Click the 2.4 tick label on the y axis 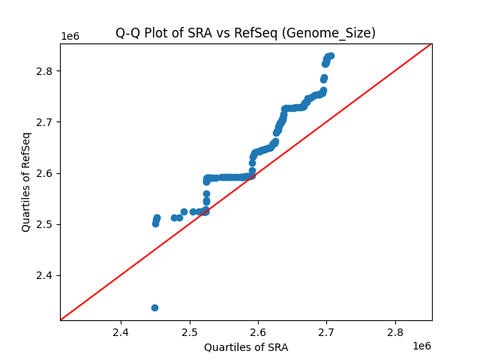point(46,275)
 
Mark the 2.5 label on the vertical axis point(46,224)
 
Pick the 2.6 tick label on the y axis point(46,173)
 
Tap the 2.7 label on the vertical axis point(46,122)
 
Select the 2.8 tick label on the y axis point(46,71)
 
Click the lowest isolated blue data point point(154,307)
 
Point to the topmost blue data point point(330,55)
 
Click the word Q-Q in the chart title point(127,33)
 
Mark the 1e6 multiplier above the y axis point(70,37)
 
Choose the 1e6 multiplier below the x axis point(421,346)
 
